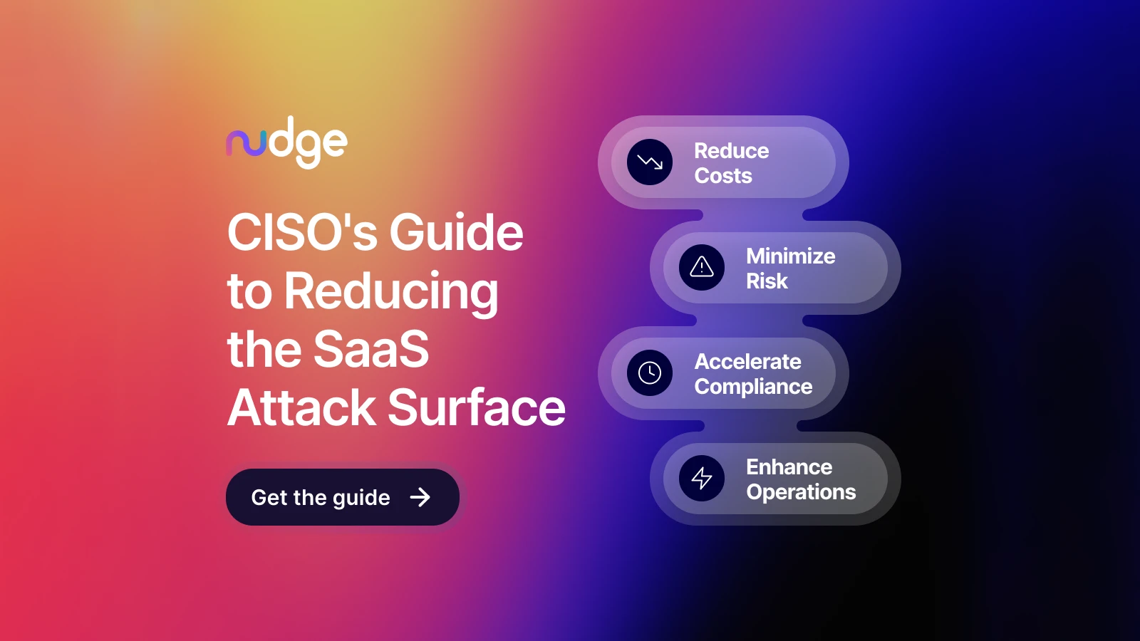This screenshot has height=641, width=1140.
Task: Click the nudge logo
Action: tap(286, 142)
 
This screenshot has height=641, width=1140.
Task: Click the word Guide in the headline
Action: tap(456, 232)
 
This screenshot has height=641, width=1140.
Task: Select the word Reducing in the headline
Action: tap(391, 291)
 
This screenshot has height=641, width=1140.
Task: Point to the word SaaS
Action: tap(371, 349)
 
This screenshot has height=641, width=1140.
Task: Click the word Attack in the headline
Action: tap(301, 407)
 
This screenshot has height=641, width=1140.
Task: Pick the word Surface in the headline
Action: tap(477, 407)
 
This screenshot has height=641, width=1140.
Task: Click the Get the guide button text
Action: tap(321, 497)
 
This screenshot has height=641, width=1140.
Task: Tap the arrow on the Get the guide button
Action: tap(420, 497)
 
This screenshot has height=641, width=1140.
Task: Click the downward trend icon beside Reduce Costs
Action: tap(650, 162)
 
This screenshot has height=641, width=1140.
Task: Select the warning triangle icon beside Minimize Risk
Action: tap(702, 268)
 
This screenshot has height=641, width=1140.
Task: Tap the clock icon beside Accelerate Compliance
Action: tap(650, 372)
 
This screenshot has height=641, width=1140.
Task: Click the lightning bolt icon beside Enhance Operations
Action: tap(702, 478)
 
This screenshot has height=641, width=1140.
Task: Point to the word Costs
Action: tap(723, 176)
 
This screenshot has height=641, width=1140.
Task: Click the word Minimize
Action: tap(791, 256)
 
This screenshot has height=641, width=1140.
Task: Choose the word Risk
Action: tap(767, 281)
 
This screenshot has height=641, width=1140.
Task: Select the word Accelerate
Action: tap(748, 362)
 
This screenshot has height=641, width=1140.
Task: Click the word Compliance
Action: tap(754, 387)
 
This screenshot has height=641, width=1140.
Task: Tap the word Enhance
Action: tap(789, 467)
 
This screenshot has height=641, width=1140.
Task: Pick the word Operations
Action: tap(802, 492)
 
